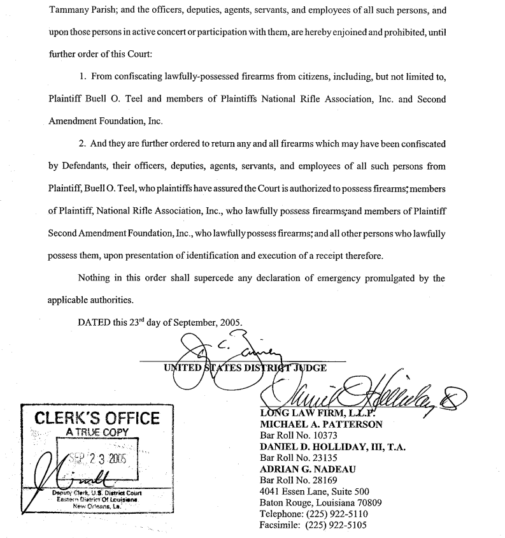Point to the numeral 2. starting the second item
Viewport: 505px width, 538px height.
[x=83, y=144]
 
